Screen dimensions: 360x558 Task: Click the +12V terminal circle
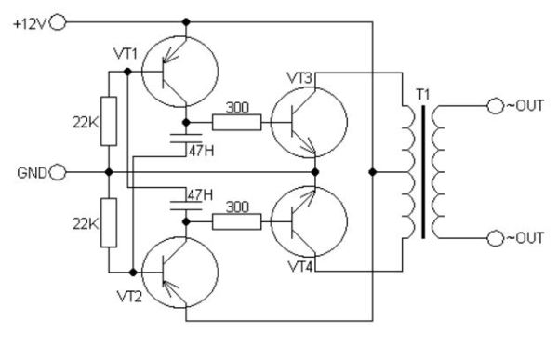60,21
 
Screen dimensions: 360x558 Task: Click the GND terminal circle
60,172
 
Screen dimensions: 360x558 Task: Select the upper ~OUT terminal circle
493,107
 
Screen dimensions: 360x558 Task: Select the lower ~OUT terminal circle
493,238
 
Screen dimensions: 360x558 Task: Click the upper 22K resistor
110,122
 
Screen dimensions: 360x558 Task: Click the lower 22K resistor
110,222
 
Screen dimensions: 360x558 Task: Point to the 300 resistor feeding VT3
237,122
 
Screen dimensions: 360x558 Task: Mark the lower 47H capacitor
187,206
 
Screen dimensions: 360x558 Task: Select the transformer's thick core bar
423,172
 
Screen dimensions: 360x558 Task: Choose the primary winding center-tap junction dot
372,172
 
